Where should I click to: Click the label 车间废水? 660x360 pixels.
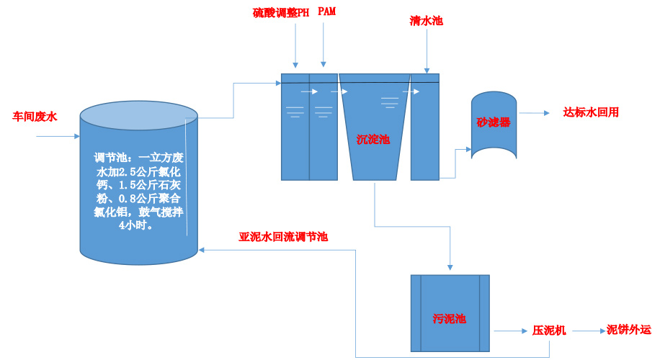35,115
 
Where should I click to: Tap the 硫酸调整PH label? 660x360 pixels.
281,13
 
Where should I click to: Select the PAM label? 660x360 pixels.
327,12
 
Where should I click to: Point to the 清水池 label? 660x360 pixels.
426,21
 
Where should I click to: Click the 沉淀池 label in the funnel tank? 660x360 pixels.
373,139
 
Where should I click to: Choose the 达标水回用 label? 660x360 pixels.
591,112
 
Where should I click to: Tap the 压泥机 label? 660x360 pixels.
549,330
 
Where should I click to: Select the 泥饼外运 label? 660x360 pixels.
629,330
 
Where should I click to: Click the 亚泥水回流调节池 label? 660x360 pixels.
283,236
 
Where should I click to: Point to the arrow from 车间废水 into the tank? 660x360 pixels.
58,136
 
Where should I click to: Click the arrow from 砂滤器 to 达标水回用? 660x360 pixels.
535,113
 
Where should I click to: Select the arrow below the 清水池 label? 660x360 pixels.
427,50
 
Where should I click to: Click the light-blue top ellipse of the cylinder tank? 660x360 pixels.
138,115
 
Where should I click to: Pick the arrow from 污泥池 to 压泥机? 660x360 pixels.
509,331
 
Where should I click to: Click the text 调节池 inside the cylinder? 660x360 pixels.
109,158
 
